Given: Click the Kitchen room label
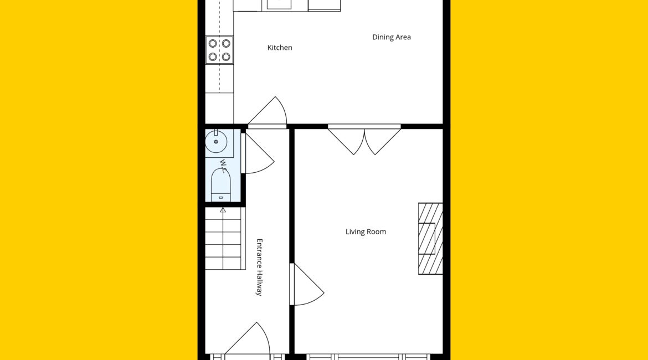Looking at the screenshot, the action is coord(280,48).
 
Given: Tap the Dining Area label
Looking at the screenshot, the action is coord(392,37).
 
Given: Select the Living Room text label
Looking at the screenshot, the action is coord(366,232).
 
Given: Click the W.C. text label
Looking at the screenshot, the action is coord(224,166).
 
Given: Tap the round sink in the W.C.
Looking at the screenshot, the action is coord(216,141).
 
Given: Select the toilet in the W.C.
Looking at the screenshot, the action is coord(220,185).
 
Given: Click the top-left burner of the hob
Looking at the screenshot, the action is coord(213,43).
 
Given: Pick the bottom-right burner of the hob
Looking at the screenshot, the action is coord(226,56).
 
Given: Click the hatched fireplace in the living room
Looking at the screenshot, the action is coord(430,239).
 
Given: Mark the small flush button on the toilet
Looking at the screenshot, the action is coord(220,198).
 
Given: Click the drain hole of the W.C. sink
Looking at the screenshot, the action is coord(216,142).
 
